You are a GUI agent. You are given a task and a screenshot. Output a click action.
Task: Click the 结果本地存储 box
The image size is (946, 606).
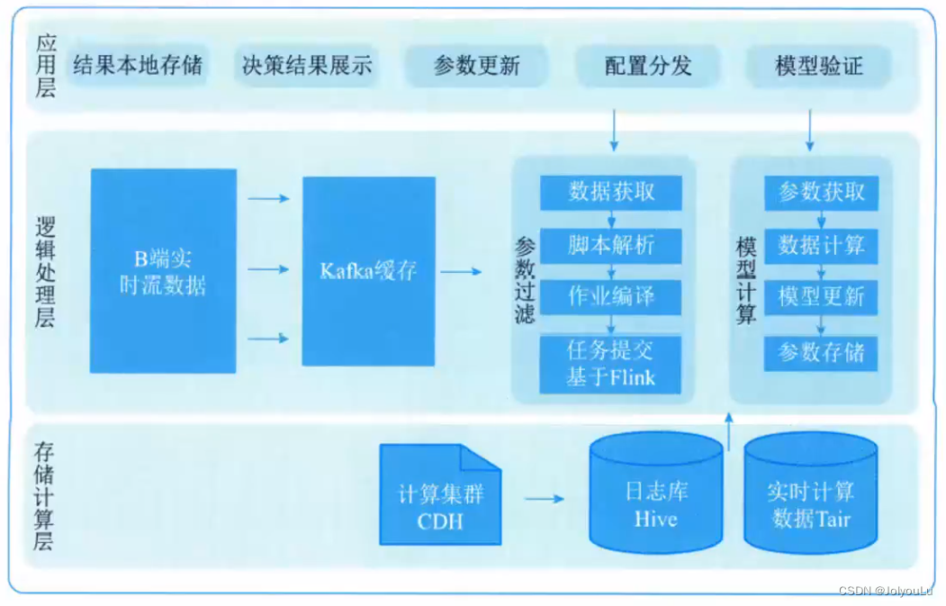(x=138, y=66)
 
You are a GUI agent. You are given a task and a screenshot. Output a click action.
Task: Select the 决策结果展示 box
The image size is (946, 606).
(x=307, y=66)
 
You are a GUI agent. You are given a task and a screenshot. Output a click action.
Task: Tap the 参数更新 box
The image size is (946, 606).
(x=476, y=66)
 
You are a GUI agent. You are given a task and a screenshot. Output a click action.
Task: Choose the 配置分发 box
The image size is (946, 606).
(x=648, y=66)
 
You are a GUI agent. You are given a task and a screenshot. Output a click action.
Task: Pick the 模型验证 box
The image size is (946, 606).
(x=819, y=66)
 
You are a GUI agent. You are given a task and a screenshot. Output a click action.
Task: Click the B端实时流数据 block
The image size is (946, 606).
(x=163, y=271)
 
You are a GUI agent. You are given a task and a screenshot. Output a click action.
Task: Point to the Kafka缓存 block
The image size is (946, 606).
(x=369, y=271)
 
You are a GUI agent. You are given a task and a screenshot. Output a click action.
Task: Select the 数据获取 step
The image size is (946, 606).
(x=611, y=191)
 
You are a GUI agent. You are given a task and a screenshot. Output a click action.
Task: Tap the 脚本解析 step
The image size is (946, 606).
(x=611, y=245)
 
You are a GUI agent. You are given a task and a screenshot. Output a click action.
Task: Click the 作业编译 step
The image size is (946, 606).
(x=611, y=296)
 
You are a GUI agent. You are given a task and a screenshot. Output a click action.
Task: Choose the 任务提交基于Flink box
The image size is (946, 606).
(x=610, y=364)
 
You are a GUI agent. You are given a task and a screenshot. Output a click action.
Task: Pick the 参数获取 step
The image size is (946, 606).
(x=821, y=191)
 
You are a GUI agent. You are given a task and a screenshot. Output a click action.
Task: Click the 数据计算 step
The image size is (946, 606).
(x=821, y=245)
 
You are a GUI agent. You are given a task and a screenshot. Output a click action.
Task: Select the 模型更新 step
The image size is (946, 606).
(x=821, y=296)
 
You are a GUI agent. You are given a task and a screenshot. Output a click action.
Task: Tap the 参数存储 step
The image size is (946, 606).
(x=821, y=352)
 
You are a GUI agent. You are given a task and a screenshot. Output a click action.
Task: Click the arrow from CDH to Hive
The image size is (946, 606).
(x=545, y=498)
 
